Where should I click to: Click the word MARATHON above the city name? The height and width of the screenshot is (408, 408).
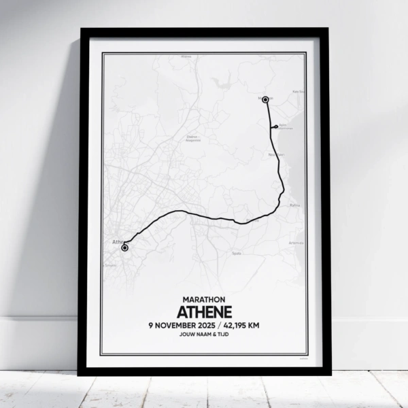coord(204,299)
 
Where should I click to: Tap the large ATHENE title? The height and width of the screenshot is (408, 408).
coord(204,311)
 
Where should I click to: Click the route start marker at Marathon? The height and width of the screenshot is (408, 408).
coord(265,99)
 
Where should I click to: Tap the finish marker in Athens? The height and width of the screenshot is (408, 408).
coord(124,248)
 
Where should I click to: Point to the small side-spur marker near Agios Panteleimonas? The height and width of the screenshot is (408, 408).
coord(275,126)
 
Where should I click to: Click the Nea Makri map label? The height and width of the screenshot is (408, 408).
coord(275,154)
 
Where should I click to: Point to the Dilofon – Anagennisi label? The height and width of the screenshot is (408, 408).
coord(192,138)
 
